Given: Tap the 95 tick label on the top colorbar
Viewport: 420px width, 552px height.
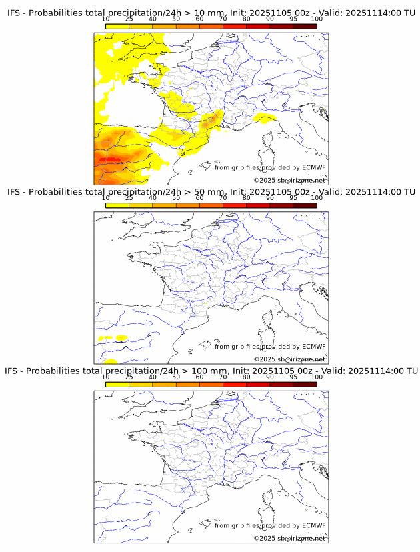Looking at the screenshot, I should pyautogui.click(x=293, y=19).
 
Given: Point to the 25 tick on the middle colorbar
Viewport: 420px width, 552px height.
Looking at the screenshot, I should pyautogui.click(x=129, y=198).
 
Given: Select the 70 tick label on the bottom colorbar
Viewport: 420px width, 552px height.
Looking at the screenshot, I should pyautogui.click(x=223, y=377).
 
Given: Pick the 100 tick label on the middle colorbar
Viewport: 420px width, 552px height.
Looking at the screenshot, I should pyautogui.click(x=317, y=198).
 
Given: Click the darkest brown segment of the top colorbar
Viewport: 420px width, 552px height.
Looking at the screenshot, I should pyautogui.click(x=305, y=26).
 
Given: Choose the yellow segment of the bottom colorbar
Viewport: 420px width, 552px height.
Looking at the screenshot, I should pyautogui.click(x=117, y=383).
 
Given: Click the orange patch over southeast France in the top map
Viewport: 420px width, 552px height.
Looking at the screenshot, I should pyautogui.click(x=212, y=119).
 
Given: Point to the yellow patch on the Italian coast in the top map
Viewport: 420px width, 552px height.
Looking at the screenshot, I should pyautogui.click(x=265, y=119).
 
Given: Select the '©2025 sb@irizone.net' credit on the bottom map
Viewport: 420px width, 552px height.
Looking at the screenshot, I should pyautogui.click(x=289, y=538).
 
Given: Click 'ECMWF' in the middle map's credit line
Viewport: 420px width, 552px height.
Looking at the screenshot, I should pyautogui.click(x=313, y=346).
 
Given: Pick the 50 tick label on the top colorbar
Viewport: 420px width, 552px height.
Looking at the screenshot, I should pyautogui.click(x=176, y=19).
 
